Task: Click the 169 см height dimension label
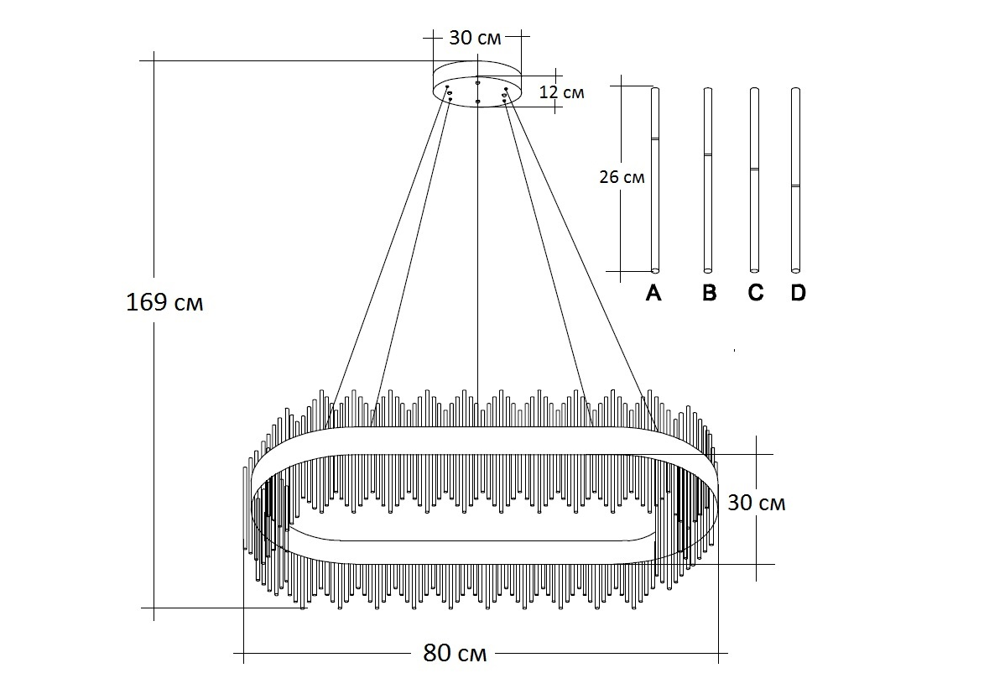tap(164, 302)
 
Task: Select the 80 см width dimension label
tap(455, 653)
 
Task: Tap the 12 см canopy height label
tap(561, 91)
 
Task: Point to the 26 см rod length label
tap(622, 177)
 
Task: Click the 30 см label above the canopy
tap(476, 38)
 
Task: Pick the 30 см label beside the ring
tap(756, 503)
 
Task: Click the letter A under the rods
tap(653, 293)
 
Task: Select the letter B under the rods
tap(709, 293)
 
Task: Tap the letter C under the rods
tap(755, 293)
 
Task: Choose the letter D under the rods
tap(797, 293)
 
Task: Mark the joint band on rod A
tap(655, 138)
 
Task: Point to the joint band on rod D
tap(795, 185)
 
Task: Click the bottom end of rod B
tap(708, 269)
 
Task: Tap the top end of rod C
tap(754, 91)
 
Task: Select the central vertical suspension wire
tap(477, 252)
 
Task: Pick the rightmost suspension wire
tap(579, 252)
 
